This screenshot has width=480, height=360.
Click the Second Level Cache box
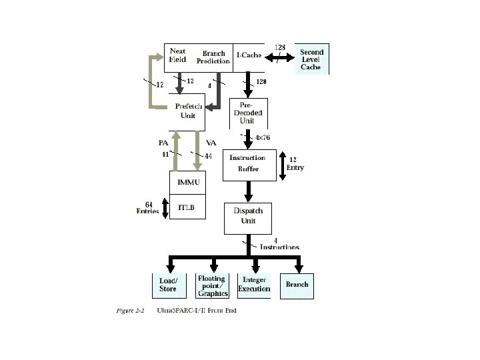pos(311,59)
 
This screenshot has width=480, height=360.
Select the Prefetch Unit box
pos(187,112)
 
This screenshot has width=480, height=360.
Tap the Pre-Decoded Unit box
pos(248,113)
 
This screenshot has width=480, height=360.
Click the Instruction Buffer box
pos(249,165)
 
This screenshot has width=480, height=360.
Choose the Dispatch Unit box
pos(248,219)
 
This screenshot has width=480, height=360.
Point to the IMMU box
pos(187,183)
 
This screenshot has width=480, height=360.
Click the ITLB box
pos(187,207)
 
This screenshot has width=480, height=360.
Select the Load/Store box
pos(169,285)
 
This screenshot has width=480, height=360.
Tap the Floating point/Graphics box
pos(212,285)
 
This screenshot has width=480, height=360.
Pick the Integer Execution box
pos(254,285)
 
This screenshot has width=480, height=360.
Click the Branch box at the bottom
pos(297,286)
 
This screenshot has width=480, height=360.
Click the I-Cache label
pos(249,55)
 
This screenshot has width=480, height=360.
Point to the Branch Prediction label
pos(213,57)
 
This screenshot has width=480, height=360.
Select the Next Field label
pos(177,55)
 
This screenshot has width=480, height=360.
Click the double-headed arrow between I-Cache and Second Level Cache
pos(279,57)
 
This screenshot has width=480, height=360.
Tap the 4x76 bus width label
pos(263,137)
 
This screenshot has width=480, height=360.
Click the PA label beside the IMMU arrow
pos(163,143)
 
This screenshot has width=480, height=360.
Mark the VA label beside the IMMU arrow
pos(211,143)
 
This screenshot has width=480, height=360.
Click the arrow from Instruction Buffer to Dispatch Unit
pos(248,191)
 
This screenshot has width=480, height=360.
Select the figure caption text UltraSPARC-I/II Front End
pos(197,311)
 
